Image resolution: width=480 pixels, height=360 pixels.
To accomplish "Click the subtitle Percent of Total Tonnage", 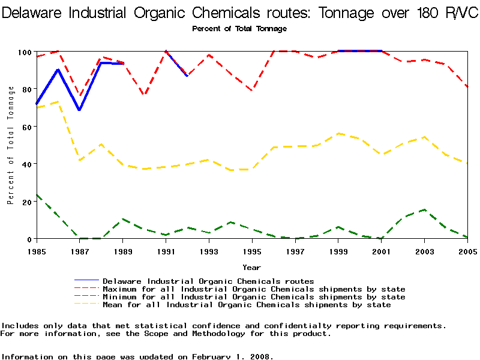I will [x=239, y=29].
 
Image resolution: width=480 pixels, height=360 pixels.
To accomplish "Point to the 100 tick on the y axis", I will [x=23, y=52].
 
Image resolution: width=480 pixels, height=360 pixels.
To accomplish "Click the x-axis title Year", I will [x=251, y=267].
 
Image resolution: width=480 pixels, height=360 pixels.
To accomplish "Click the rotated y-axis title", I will [x=11, y=145].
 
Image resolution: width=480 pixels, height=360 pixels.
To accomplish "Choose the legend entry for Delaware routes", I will [x=208, y=281].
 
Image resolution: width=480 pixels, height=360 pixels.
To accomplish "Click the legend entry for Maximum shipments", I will [x=254, y=289].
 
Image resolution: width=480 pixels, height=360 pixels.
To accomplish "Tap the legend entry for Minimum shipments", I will [x=254, y=297].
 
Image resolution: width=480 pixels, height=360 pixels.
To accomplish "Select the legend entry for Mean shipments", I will [x=247, y=305].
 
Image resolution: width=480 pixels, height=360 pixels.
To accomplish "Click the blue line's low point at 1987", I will [x=79, y=110].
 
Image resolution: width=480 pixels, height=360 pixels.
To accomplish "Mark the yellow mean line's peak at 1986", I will [x=58, y=102].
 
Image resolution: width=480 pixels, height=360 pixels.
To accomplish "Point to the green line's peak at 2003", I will [x=424, y=210].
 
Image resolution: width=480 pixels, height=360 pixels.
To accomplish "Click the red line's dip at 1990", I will [x=144, y=95].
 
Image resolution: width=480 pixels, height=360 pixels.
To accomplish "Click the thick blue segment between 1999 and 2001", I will [x=360, y=51].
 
